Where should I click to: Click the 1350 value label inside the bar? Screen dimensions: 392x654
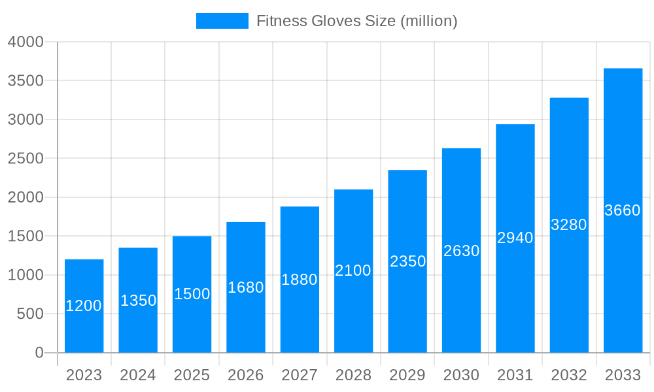(x=138, y=301)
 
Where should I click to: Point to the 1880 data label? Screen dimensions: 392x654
(x=300, y=280)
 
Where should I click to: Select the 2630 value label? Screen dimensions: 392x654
(x=461, y=251)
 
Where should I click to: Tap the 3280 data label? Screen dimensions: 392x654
(x=569, y=225)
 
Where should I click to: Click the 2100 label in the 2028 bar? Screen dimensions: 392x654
(x=353, y=270)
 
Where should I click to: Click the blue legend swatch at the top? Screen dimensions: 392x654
(x=222, y=21)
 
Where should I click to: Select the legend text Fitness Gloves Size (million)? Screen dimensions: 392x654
(x=356, y=21)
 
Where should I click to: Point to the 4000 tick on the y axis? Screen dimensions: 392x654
(x=26, y=42)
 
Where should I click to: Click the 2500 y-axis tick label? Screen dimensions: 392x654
(x=26, y=159)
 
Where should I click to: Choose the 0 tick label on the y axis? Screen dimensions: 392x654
(x=39, y=353)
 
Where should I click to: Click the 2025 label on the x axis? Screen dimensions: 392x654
(x=192, y=375)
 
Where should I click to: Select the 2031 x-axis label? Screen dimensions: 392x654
(x=515, y=375)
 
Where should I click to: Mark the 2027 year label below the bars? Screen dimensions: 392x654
(x=300, y=375)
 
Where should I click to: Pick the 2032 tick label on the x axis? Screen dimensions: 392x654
(x=569, y=375)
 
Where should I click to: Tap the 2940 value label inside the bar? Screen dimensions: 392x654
(x=515, y=238)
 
